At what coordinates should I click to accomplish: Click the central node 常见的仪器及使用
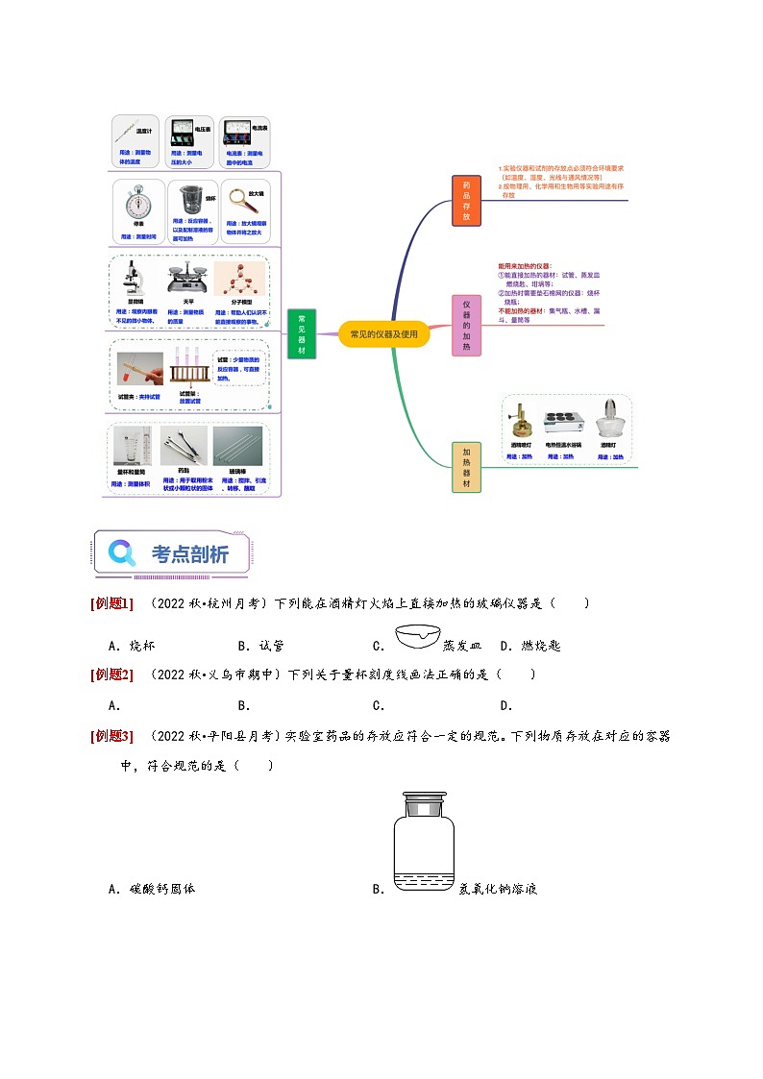coord(383,334)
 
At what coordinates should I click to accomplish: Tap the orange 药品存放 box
coord(466,201)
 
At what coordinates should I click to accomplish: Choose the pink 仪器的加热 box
coord(466,325)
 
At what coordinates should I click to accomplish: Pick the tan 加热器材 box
coord(466,467)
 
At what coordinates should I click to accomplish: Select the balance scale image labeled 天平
coord(189,280)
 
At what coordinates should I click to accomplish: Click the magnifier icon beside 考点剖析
coord(122,552)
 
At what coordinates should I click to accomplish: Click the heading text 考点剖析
coord(190,553)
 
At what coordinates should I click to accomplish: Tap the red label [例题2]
coord(111,674)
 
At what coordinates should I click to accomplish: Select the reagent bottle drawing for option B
coord(423,842)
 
